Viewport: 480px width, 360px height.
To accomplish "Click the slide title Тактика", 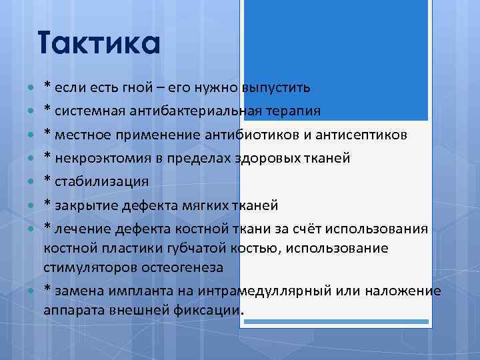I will pos(99,45).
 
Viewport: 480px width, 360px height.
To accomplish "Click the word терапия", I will pos(291,111).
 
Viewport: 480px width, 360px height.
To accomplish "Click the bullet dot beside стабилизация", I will pos(32,182).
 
